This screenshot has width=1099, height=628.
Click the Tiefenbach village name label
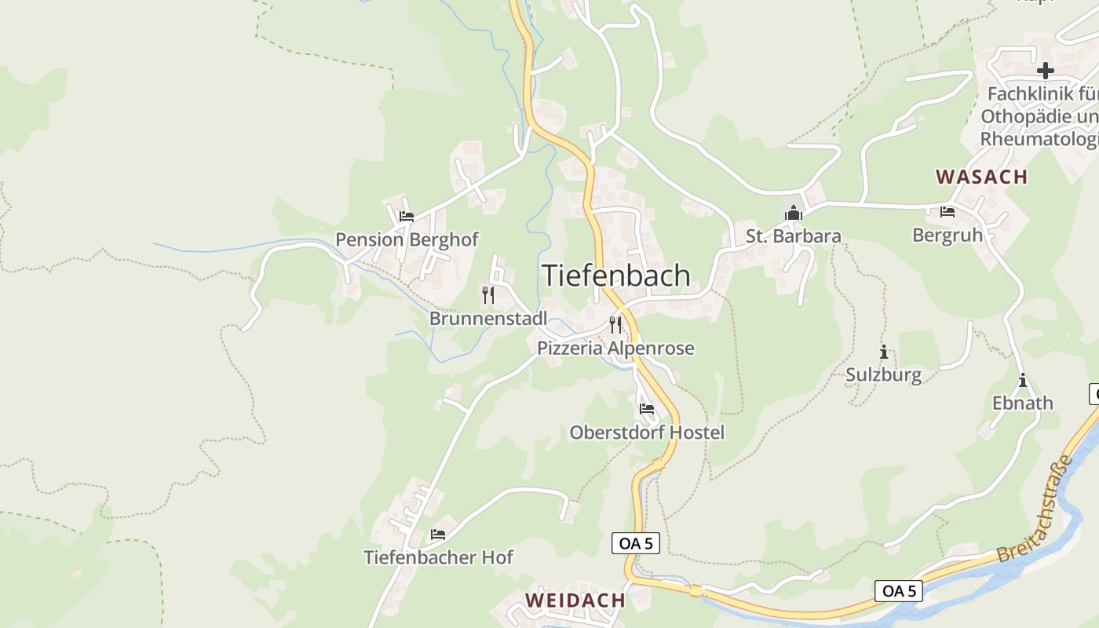pos(616,276)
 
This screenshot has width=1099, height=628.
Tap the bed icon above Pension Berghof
pos(406,217)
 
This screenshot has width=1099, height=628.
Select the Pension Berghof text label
pos(407,239)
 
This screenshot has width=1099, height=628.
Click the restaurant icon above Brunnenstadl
pos(488,295)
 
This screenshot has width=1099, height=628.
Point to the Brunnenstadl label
pos(488,319)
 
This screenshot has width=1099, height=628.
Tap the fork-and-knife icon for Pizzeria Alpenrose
pos(615,324)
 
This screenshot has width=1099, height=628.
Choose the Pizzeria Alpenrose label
pos(615,348)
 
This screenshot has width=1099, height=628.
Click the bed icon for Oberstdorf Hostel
pos(647,408)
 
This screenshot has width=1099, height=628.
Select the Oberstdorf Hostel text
pos(647,433)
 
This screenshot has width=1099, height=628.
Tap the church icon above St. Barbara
pos(794,213)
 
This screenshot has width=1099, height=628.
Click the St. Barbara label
pos(794,236)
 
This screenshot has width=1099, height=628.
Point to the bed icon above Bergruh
pos(947,212)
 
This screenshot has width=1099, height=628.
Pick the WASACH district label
pos(981,177)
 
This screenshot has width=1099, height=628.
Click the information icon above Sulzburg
pos(884,352)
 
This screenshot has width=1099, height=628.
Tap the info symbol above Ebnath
pos(1023,380)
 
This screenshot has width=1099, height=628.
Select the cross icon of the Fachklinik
pos(1045,71)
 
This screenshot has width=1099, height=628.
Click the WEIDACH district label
pos(575,600)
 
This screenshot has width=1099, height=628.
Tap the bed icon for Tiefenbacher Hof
pos(438,535)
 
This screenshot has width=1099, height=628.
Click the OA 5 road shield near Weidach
pos(636,542)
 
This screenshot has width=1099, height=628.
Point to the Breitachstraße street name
pos(1035,508)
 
